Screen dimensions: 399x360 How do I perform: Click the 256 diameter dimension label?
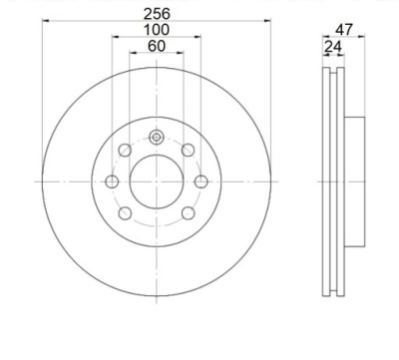point(157,14)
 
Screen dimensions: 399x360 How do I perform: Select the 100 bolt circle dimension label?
point(157,30)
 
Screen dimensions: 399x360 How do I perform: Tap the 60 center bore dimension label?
point(157,46)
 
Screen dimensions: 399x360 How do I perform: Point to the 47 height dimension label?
point(343,30)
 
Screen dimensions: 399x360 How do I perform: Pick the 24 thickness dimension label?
point(333,47)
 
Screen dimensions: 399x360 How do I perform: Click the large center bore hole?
point(157,181)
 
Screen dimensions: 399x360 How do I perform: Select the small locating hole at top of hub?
point(157,137)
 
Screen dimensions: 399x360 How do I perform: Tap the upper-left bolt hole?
point(125,151)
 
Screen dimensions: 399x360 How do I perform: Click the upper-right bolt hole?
point(188,151)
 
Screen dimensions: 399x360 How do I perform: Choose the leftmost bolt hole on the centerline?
point(112,181)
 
